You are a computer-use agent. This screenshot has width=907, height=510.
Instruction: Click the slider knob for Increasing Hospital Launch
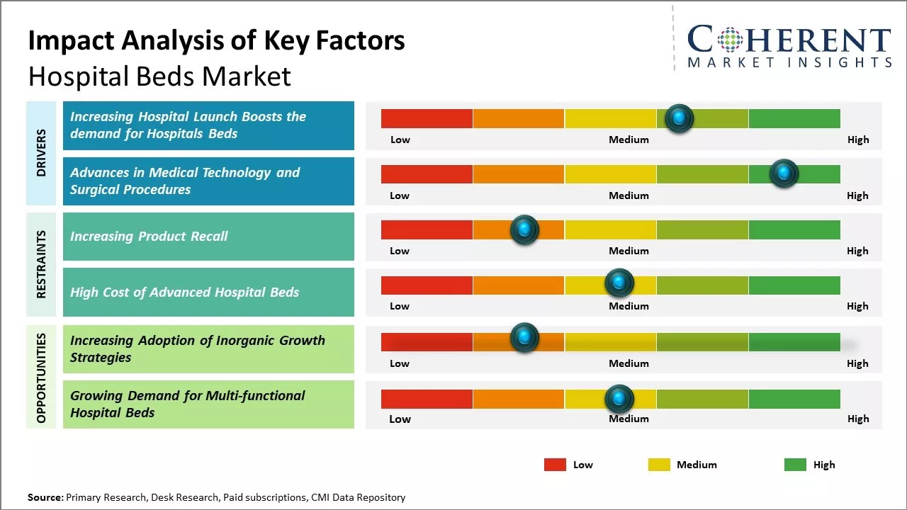[x=680, y=118]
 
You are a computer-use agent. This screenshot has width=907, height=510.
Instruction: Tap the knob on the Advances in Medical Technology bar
[x=784, y=174]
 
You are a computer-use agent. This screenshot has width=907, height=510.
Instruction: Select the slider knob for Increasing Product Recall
[x=524, y=229]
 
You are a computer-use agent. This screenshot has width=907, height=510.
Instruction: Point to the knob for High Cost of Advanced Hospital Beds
[x=619, y=283]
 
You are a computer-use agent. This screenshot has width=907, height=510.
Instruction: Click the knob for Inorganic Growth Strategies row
[x=524, y=337]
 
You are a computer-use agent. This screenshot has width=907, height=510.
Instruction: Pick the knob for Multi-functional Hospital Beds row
[x=619, y=399]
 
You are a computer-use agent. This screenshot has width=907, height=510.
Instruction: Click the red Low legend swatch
[x=555, y=465]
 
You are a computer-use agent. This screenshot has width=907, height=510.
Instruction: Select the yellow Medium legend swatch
[x=659, y=465]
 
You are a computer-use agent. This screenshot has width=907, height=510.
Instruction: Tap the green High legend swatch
[x=795, y=465]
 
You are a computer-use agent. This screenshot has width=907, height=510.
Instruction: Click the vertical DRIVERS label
[x=41, y=153]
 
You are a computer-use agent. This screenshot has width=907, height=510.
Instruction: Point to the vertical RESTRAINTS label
[x=41, y=263]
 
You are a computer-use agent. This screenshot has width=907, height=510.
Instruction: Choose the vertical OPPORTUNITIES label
[x=41, y=378]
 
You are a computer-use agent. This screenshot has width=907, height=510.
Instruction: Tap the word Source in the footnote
[x=45, y=497]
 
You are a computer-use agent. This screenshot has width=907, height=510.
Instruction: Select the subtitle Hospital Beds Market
[x=159, y=76]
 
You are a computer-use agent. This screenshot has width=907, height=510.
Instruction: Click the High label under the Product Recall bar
[x=857, y=251]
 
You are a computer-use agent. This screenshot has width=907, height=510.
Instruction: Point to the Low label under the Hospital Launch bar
[x=400, y=140]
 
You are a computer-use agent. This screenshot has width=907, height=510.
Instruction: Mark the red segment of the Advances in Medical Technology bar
[x=427, y=174]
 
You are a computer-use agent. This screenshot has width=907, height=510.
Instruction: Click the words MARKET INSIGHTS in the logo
[x=789, y=62]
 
